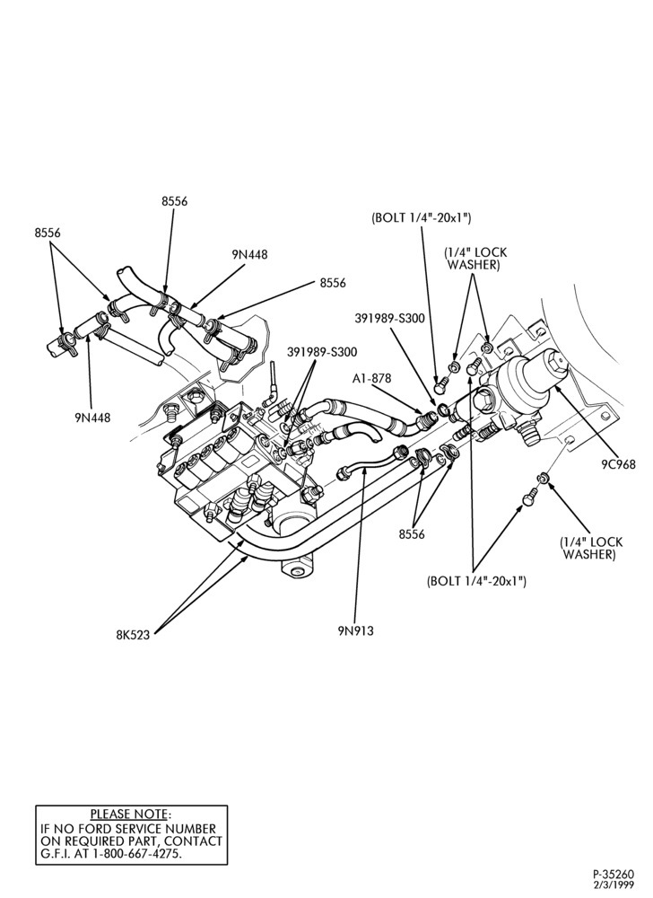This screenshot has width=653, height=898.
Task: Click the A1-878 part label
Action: pos(371,379)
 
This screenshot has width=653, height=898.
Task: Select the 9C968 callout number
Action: pos(618,464)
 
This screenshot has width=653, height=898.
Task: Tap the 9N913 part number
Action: pos(355,630)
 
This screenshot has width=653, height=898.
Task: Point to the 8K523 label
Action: pos(133,635)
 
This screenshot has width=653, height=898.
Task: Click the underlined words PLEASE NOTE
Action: pos(128,814)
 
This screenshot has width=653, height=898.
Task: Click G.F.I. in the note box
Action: pos(55,853)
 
